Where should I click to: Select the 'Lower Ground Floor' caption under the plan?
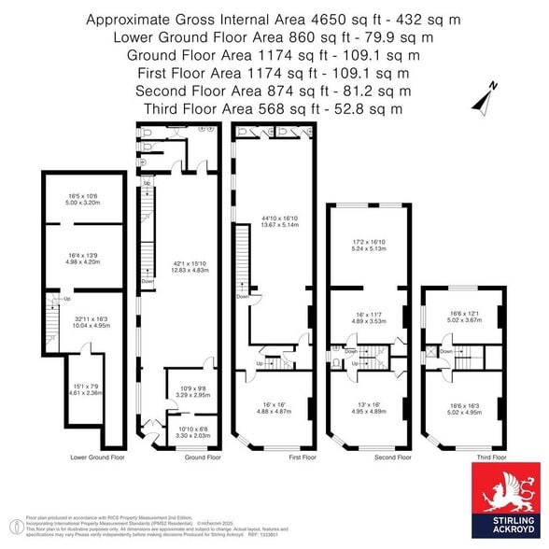(x=98, y=458)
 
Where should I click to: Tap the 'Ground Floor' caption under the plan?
(x=202, y=458)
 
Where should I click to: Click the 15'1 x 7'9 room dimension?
(x=86, y=389)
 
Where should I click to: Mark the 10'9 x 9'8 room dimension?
(x=194, y=391)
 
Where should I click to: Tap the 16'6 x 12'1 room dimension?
(x=464, y=317)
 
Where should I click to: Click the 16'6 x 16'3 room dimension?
(x=464, y=407)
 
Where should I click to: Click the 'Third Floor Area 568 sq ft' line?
(x=274, y=108)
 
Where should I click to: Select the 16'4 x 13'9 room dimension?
(x=83, y=258)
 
